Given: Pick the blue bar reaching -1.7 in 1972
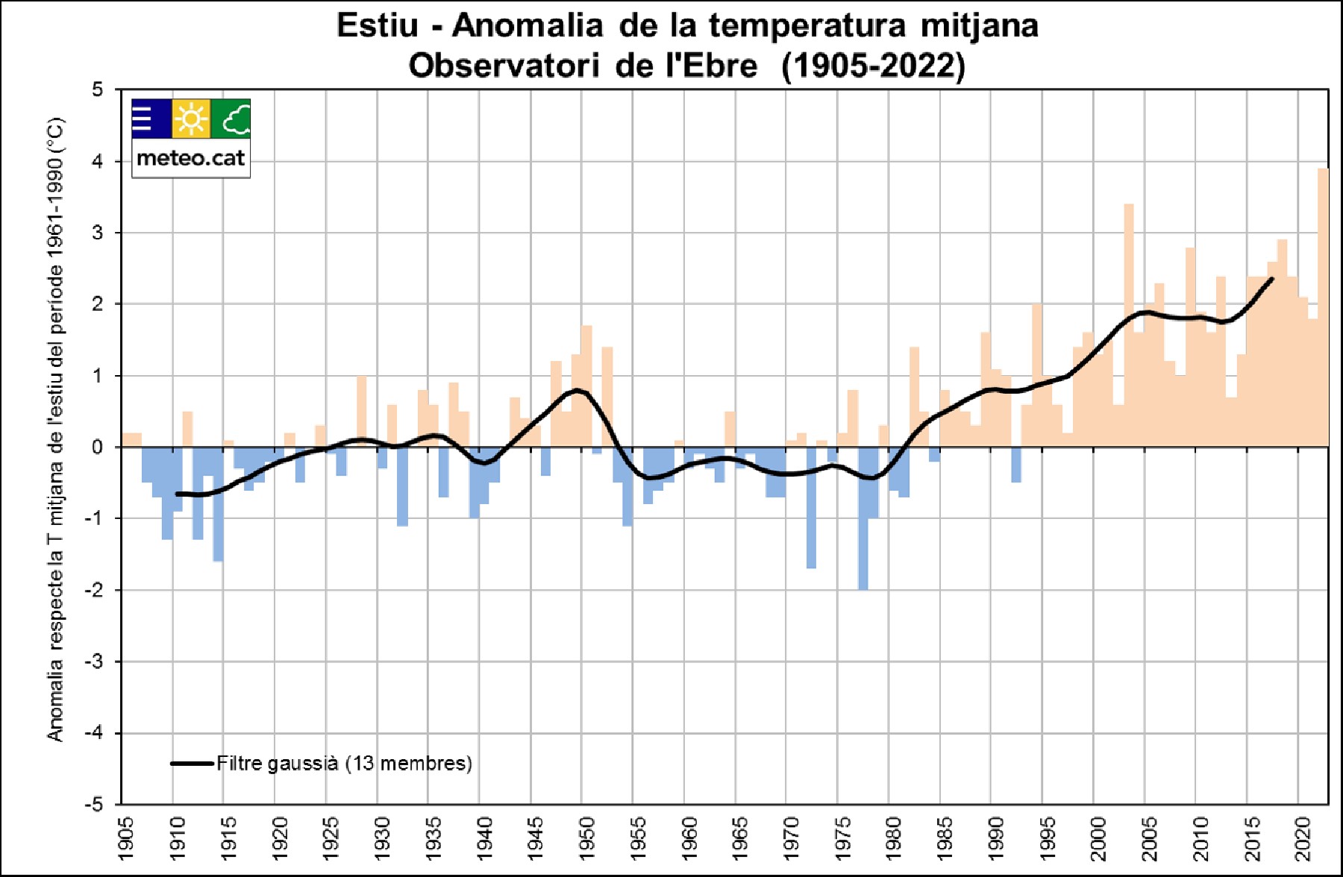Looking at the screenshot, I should click(x=811, y=507).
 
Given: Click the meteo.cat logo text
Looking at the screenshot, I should click(x=191, y=158).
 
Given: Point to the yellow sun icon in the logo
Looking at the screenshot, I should click(x=191, y=119).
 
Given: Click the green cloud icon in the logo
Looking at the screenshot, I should click(x=231, y=119).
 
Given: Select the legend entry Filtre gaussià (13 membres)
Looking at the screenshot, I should click(x=343, y=763).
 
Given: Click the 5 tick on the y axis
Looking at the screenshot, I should click(x=98, y=89).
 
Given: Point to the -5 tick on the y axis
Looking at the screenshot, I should click(x=94, y=805).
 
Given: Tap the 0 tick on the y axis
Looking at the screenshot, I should click(x=98, y=447).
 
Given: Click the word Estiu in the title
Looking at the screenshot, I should click(x=377, y=25).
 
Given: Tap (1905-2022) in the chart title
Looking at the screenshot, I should click(x=873, y=66).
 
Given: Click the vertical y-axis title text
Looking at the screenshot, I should click(x=56, y=429).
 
